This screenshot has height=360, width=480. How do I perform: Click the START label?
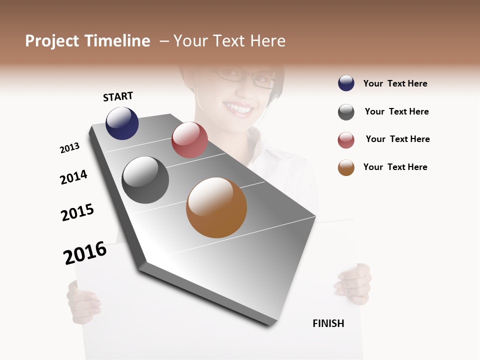click(118, 96)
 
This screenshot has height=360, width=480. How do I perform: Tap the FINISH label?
click(328, 323)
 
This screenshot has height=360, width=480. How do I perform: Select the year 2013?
click(69, 148)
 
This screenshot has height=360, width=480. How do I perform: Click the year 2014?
click(73, 177)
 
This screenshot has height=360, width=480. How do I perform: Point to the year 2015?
click(77, 212)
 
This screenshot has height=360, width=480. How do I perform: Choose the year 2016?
click(85, 252)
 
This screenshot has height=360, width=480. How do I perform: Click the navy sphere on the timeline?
click(122, 123)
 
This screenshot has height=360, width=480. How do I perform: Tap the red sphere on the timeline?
click(189, 139)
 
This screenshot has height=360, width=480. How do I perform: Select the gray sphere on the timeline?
click(145, 180)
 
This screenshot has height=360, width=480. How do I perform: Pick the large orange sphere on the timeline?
click(216, 207)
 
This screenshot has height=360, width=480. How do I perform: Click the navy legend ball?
click(346, 83)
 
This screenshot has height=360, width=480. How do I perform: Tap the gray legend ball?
click(346, 112)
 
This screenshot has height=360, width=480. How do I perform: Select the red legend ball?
click(346, 140)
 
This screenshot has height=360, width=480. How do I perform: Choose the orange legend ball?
click(346, 167)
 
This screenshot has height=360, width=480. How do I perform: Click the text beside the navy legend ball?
click(395, 83)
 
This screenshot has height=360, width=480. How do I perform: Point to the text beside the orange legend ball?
click(395, 167)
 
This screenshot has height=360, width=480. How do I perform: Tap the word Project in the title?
click(52, 41)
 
